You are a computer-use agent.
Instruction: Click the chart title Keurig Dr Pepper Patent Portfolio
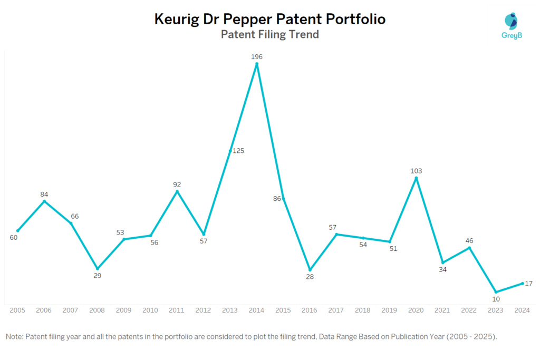[269, 20]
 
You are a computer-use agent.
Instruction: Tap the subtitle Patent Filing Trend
[269, 35]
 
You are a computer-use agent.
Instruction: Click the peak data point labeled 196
[257, 64]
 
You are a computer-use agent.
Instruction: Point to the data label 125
[238, 151]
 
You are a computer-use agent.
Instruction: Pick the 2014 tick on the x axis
[256, 310]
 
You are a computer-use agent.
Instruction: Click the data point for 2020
[416, 179]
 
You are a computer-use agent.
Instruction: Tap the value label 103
[416, 171]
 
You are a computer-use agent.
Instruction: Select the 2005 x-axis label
[17, 310]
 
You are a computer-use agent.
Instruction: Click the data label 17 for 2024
[528, 284]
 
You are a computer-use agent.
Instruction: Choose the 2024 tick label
[522, 310]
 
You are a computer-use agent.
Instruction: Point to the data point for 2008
[97, 269]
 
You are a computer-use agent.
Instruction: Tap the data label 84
[44, 194]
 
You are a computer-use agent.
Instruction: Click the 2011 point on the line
[177, 191]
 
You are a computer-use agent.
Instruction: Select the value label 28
[310, 277]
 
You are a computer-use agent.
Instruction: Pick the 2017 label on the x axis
[336, 310]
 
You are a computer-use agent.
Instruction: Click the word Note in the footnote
[14, 336]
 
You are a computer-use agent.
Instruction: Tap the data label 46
[469, 241]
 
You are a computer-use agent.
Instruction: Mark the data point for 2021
[443, 262]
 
